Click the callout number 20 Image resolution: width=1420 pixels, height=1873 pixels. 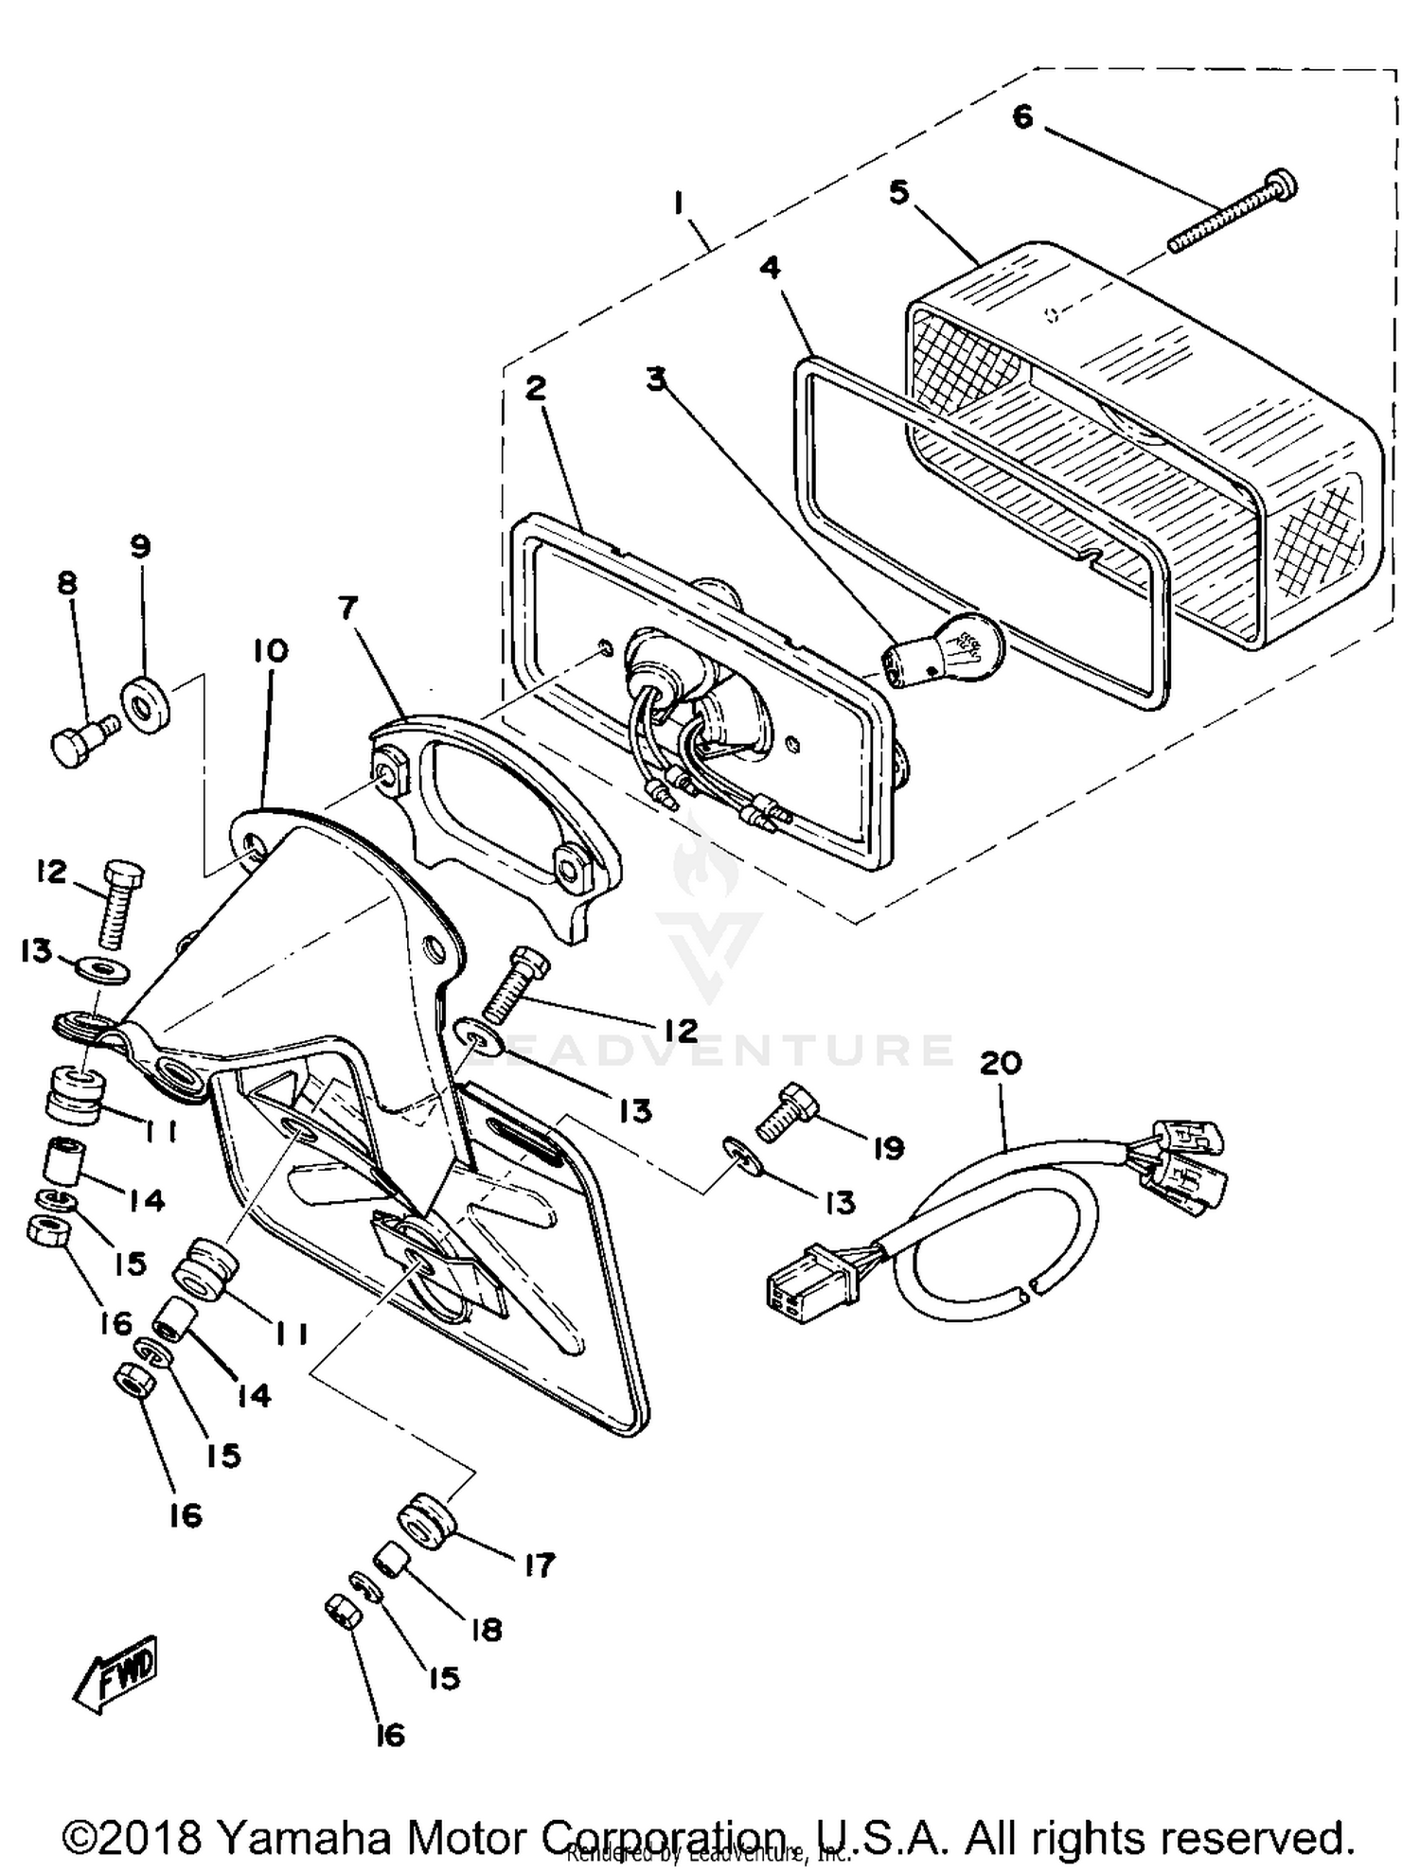coord(1001,1064)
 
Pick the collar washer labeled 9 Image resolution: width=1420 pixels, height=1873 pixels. coord(147,705)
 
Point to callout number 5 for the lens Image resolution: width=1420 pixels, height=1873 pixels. coord(898,192)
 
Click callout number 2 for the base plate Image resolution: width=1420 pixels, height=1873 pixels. coord(536,388)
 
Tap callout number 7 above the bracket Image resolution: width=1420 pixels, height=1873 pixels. coord(347,609)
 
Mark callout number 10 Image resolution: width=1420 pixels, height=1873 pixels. coord(271,651)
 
